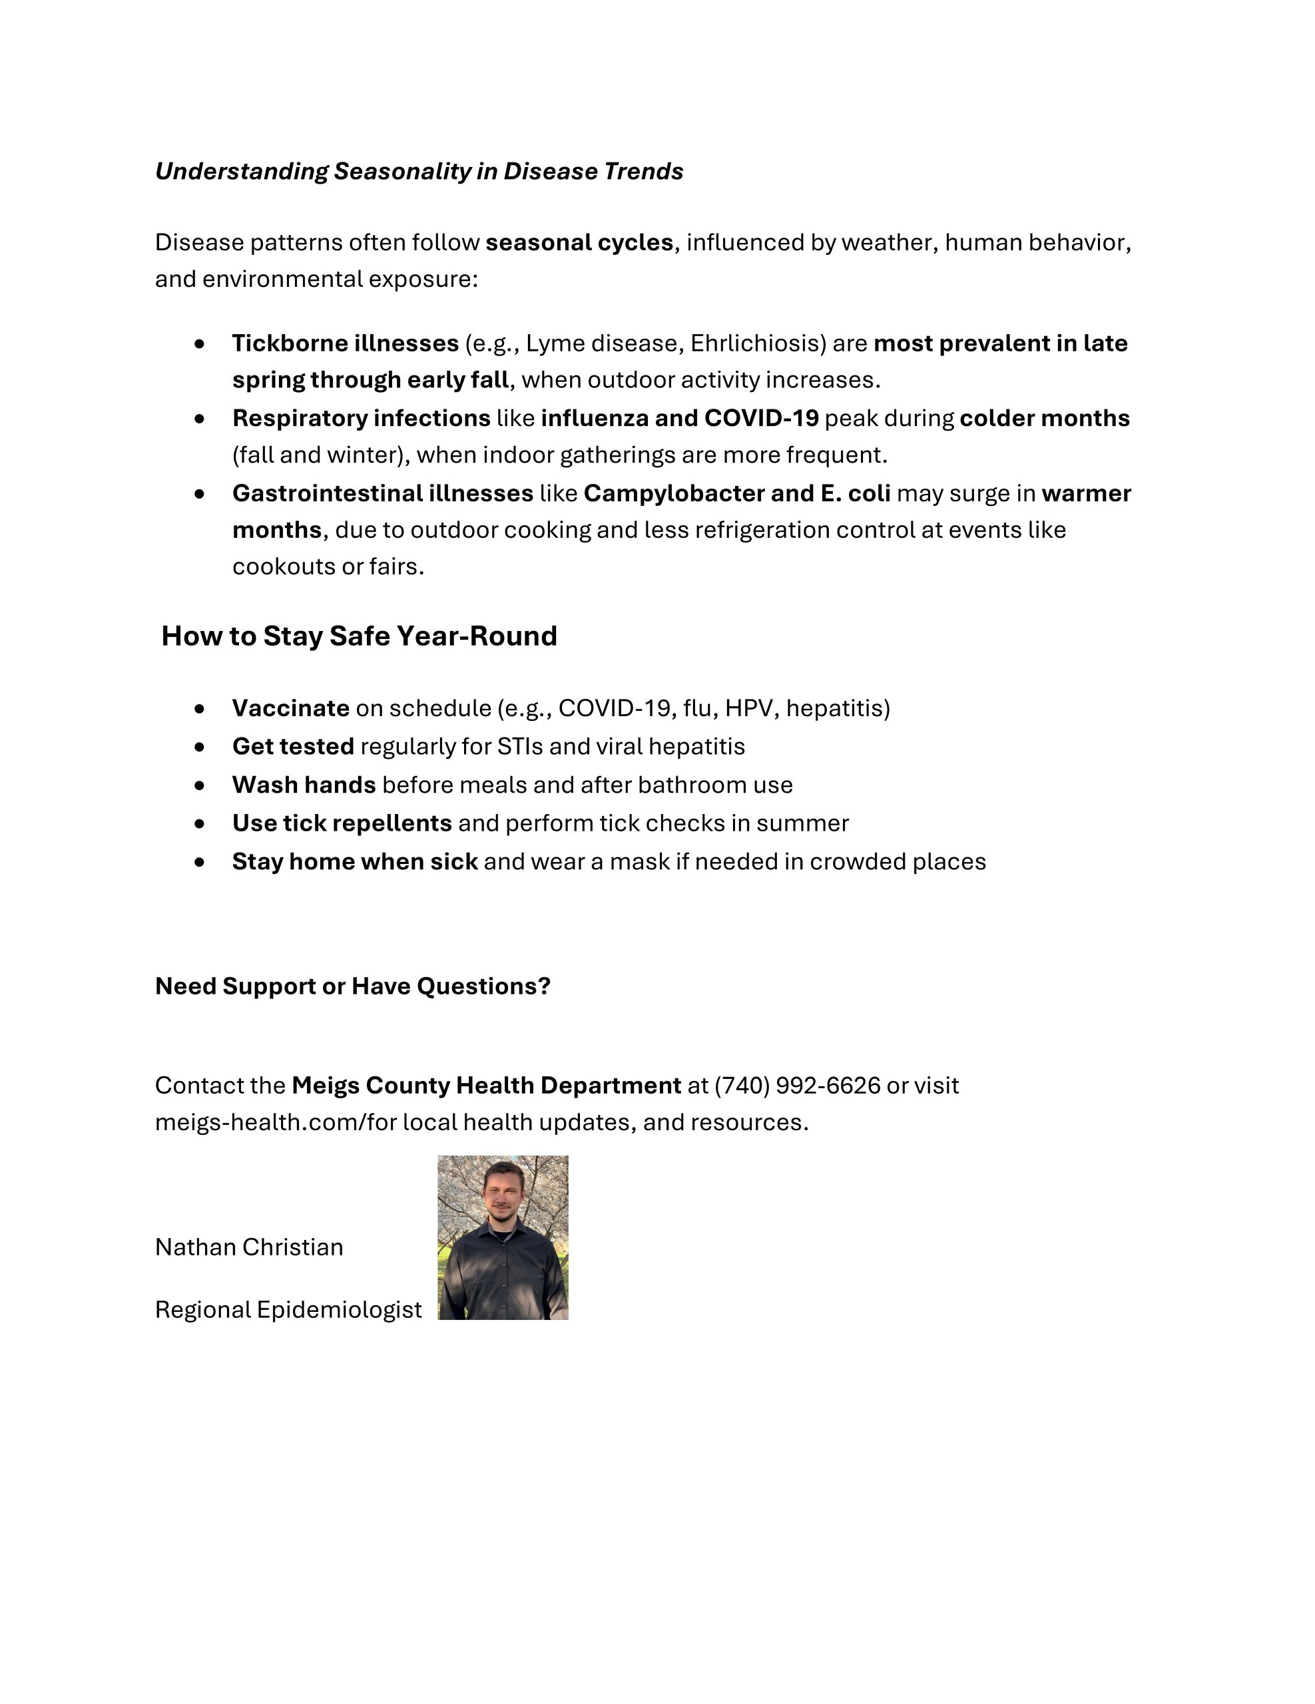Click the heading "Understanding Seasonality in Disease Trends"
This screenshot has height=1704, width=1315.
pos(419,172)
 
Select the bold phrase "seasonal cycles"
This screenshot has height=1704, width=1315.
pos(579,243)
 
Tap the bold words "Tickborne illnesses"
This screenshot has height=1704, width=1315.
pos(345,343)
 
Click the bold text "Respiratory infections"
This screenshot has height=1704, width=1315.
pos(362,418)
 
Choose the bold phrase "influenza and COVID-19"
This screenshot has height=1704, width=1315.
pos(680,418)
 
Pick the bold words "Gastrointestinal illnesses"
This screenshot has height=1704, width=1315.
pos(382,493)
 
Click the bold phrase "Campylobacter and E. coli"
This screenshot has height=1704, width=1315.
pos(736,493)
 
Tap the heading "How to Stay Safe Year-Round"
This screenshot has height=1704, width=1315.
pos(359,636)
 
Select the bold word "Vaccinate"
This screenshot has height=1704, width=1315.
pos(290,708)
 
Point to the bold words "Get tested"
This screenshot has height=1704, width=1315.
pos(293,747)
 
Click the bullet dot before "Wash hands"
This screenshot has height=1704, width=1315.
pos(200,785)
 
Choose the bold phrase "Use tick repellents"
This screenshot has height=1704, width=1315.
pos(342,823)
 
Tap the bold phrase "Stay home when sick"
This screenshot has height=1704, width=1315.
pos(355,861)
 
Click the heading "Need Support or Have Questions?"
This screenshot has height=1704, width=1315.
pos(353,986)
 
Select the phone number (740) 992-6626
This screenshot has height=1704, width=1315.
pos(797,1085)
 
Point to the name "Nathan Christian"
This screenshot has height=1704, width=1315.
pos(249,1247)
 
